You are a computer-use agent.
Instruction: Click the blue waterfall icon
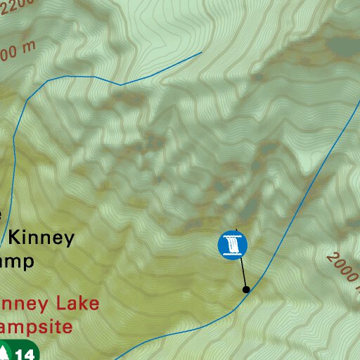233,245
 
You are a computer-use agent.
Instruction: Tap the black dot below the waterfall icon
246,289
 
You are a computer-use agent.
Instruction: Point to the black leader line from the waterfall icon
241,271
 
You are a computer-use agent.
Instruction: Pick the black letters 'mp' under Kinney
20,262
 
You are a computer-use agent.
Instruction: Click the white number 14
25,354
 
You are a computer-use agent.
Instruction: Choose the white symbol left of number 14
6,352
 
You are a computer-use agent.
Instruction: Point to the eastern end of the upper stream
201,51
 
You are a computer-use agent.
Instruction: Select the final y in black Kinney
68,240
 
